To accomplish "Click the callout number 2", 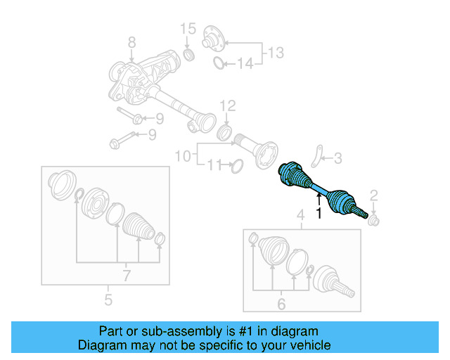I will coord(374,195).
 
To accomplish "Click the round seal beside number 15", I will coord(188,55).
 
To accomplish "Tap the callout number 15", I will coord(187,29).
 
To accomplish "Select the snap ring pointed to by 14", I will coord(219,65).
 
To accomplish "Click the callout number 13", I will coord(276,51).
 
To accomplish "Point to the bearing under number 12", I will coord(224,131).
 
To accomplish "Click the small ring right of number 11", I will coord(237,166).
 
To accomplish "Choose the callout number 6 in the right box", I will coord(281,304).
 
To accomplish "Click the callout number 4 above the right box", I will coord(300,214).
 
